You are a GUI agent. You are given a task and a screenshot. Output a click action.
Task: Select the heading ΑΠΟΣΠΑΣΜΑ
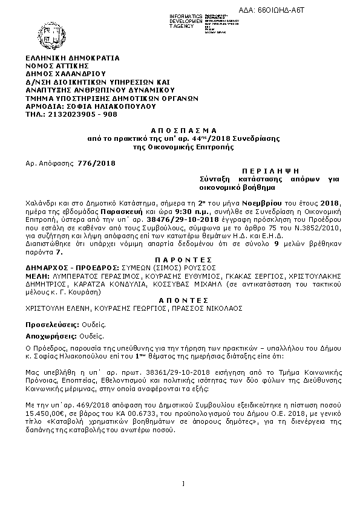(x=180, y=131)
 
